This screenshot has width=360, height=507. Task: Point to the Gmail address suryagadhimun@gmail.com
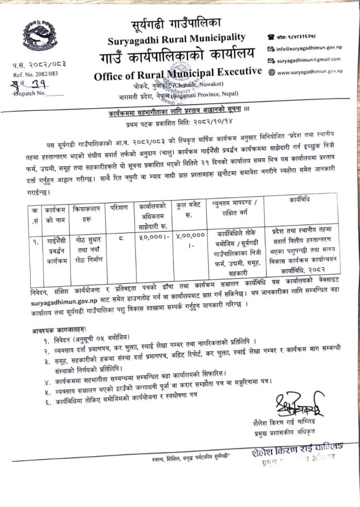point(308,60)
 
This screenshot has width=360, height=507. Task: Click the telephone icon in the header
point(271,36)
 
